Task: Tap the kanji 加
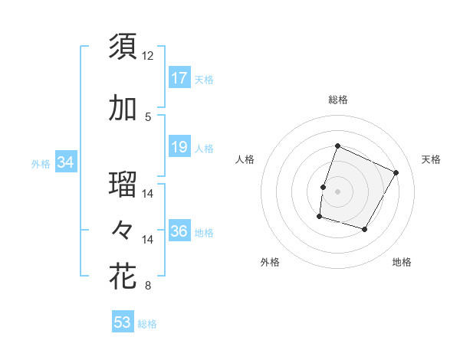click(123, 109)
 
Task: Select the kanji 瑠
click(123, 185)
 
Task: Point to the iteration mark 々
click(123, 229)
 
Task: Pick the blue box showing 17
click(179, 77)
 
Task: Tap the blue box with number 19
click(179, 146)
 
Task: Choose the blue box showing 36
click(179, 231)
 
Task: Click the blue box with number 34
click(65, 162)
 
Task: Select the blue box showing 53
click(123, 322)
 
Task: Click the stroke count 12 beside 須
click(148, 55)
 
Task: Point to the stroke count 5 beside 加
click(148, 116)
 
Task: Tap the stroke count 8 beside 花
click(148, 286)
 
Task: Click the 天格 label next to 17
click(204, 79)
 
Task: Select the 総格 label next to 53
click(147, 324)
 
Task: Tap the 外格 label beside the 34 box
click(41, 163)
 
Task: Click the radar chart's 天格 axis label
click(431, 159)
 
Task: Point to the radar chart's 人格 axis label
click(245, 159)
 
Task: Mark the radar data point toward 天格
click(396, 172)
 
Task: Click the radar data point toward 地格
click(365, 230)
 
